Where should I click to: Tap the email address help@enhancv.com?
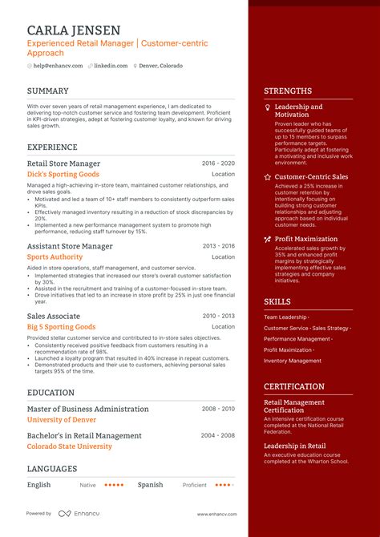[x=57, y=66]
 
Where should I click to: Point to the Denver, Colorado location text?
[x=160, y=66]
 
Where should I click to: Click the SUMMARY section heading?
[x=48, y=91]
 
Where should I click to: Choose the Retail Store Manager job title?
[x=64, y=163]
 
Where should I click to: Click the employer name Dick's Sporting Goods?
[x=63, y=174]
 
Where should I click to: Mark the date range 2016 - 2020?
[x=218, y=163]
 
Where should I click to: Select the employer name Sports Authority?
[x=55, y=257]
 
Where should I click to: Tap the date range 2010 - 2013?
[x=218, y=317]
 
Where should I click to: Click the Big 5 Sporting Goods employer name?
[x=61, y=327]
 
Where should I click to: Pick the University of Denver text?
[x=62, y=419]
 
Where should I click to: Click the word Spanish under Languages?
[x=150, y=485]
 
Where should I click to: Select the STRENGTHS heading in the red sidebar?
[x=288, y=91]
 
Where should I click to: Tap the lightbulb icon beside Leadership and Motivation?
[x=268, y=107]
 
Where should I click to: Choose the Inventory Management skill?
[x=293, y=361]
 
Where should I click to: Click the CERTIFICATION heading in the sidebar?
[x=294, y=386]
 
